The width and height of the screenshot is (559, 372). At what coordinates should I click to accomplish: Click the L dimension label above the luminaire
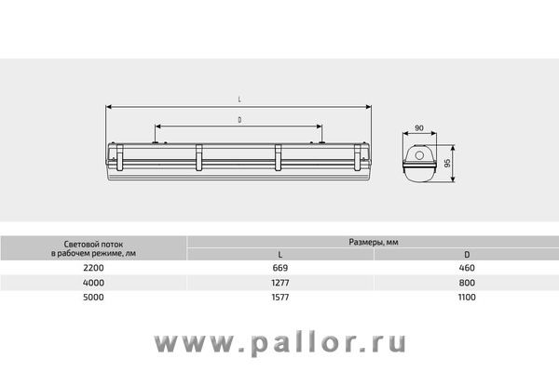[x=239, y=100]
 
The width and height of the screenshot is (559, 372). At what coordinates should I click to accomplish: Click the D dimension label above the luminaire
[x=239, y=120]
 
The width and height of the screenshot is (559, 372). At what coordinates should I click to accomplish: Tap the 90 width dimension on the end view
[x=419, y=127]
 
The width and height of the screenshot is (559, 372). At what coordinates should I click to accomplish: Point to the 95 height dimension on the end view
[x=448, y=163]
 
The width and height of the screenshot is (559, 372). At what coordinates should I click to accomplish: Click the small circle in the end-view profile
[x=419, y=155]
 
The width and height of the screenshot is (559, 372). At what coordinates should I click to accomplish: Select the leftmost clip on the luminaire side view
[x=120, y=157]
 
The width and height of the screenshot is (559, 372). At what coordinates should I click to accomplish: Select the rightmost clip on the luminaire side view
[x=357, y=157]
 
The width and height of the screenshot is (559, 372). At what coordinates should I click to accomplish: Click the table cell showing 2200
[x=93, y=268]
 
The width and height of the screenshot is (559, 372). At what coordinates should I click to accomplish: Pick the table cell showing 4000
[x=93, y=283]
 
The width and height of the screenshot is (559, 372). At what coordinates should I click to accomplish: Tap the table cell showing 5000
[x=93, y=298]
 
